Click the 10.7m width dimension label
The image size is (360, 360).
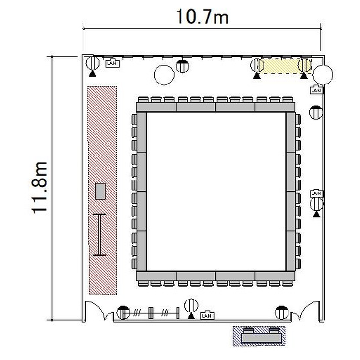(x=202, y=17)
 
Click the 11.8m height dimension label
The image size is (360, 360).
(x=39, y=188)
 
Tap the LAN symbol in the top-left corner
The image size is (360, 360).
(x=112, y=63)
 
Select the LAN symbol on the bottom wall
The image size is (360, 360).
(x=207, y=315)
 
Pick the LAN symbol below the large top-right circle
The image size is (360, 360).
(x=316, y=90)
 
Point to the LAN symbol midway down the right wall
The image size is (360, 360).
(x=316, y=193)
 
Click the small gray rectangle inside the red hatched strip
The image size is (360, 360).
(x=100, y=191)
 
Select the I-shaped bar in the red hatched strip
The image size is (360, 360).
(x=99, y=234)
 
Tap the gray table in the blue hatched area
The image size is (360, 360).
(x=261, y=338)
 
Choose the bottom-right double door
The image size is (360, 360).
(x=306, y=310)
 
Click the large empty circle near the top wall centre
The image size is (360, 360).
(x=164, y=75)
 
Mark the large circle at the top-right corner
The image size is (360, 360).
(x=323, y=74)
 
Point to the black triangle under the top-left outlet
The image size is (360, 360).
(x=92, y=73)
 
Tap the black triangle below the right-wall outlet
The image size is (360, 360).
(x=317, y=214)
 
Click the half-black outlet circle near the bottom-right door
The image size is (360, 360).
(x=282, y=312)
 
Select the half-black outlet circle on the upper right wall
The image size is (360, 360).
(x=316, y=112)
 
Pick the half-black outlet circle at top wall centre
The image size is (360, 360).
(x=182, y=66)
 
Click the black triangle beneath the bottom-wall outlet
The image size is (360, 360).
(x=191, y=316)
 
